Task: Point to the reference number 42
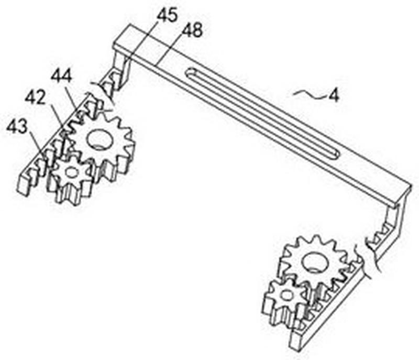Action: (x=35, y=99)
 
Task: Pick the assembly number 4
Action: (x=333, y=95)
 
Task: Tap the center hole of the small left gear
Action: (x=71, y=172)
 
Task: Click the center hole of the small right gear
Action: (x=286, y=294)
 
